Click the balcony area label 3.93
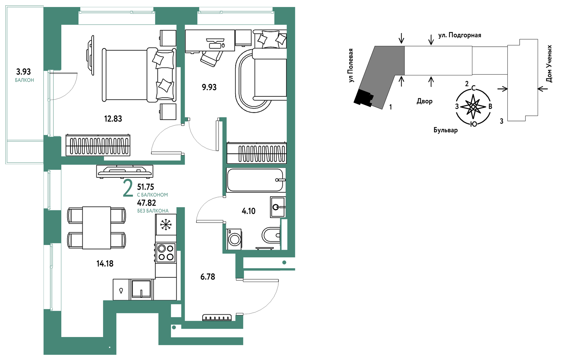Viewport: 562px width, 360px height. point(23,72)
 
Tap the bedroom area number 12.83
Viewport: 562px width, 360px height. point(113,119)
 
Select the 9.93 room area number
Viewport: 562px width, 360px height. point(209,87)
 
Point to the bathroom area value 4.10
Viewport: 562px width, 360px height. point(248,211)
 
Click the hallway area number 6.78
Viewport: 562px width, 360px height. point(208,277)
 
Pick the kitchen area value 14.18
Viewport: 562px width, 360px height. point(105,264)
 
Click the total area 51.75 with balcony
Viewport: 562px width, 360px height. point(146,187)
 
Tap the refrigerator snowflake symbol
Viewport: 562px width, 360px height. point(166,225)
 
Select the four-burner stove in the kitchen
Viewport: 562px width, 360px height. point(166,253)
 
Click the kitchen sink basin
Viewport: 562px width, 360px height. point(141,290)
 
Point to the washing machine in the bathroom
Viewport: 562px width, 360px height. point(234,239)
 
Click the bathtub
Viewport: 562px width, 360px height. point(256,180)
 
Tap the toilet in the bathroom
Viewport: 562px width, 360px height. point(271,235)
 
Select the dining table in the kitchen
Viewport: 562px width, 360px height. point(97,228)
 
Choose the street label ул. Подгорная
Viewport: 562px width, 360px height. point(460,35)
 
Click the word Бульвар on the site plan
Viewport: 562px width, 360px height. point(446,130)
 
